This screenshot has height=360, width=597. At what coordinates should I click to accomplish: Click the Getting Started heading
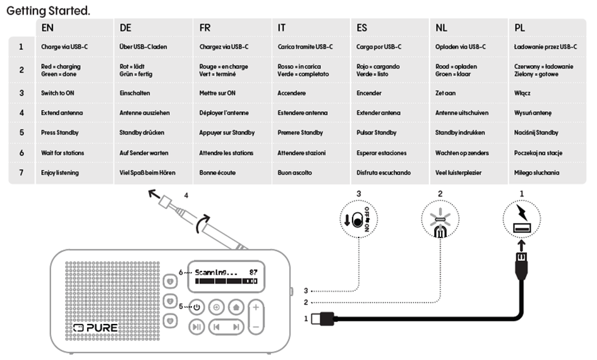point(47,11)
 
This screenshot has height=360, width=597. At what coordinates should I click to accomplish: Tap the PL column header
point(520,28)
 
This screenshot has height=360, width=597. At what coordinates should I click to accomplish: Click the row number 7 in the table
point(21,172)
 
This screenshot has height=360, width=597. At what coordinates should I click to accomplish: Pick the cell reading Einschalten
point(136,93)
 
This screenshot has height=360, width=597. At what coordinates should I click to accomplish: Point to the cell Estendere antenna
point(303,113)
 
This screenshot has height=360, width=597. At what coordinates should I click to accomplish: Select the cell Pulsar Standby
point(377,133)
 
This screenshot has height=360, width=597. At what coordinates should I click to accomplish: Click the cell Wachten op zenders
point(461,153)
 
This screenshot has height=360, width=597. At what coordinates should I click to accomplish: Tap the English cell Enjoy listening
point(60,172)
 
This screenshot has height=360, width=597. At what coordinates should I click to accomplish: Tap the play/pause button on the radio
point(197,327)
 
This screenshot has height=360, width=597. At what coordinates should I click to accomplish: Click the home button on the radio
point(236,308)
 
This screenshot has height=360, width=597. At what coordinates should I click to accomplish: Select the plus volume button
point(256,308)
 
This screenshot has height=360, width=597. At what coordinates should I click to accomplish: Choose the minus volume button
point(256,327)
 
